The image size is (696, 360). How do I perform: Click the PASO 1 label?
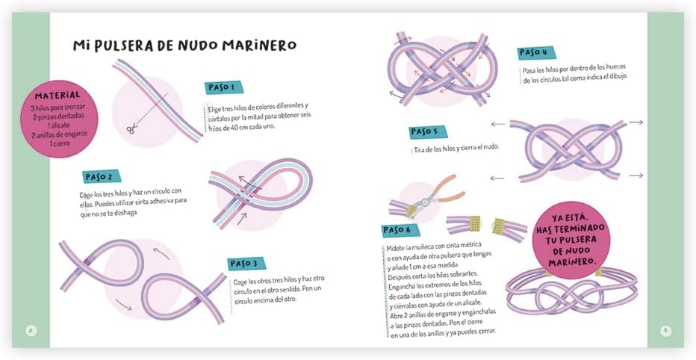[223, 87]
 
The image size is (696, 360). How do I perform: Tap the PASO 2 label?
[99, 177]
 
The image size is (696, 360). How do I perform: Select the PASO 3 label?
[244, 263]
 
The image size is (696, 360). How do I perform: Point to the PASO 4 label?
[533, 52]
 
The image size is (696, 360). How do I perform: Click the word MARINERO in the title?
[255, 46]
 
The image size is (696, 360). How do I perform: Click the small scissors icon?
[131, 129]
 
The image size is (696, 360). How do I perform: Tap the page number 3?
[665, 330]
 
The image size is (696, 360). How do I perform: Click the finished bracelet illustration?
[573, 291]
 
